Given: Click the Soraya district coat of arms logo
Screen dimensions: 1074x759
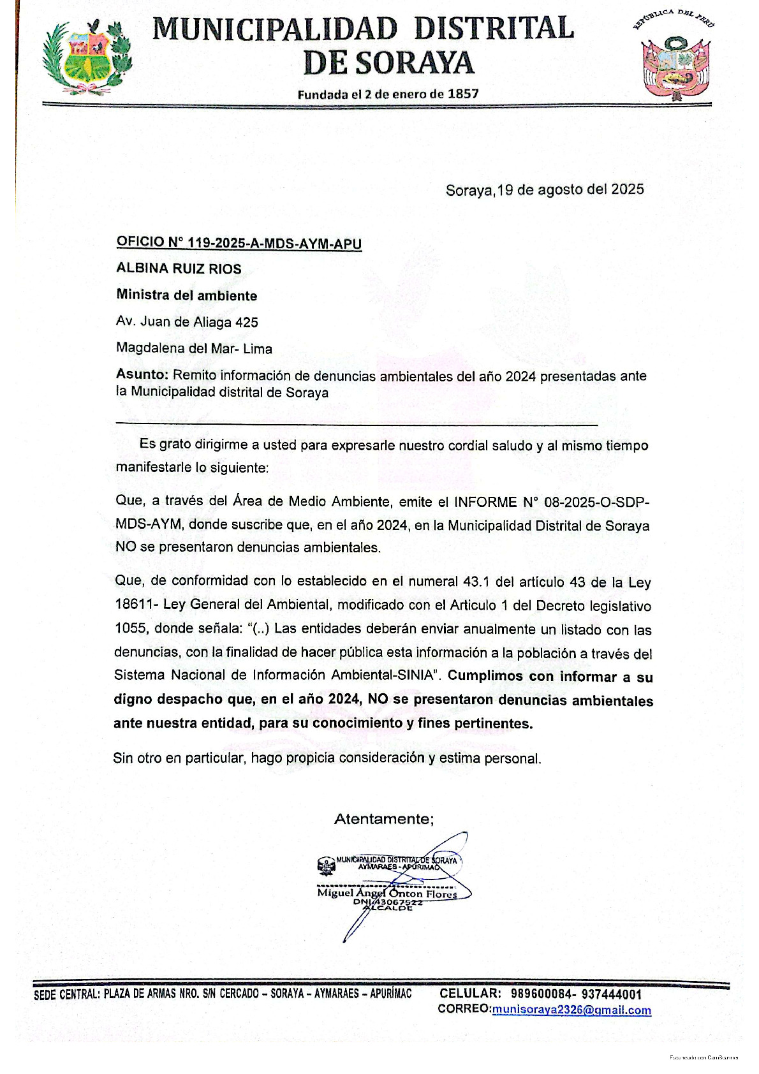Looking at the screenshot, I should point(87,56).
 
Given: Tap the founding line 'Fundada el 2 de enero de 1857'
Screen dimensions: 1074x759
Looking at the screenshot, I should point(388,94).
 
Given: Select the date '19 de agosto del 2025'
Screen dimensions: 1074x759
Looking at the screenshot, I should point(571,189).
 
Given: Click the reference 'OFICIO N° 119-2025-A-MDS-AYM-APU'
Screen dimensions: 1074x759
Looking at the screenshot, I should point(239,243).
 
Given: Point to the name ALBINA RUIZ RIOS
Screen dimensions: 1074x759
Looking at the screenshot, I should point(179,268).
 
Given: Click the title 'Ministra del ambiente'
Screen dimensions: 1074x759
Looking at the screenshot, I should point(186,295).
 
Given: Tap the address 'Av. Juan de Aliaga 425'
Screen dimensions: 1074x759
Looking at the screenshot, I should point(187,322).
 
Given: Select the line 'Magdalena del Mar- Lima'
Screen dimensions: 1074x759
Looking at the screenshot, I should point(194,348).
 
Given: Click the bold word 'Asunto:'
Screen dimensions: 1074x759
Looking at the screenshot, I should point(142,375).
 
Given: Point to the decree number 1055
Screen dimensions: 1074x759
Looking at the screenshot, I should point(130,628).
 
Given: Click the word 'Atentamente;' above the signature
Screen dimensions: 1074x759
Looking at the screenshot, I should point(384,819).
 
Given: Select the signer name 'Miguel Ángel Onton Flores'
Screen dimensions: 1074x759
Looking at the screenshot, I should point(387,894).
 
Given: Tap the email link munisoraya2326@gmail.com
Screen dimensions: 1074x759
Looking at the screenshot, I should point(571,1010).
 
